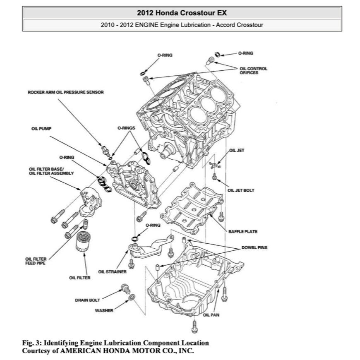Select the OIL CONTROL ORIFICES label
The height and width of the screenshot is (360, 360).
[x=253, y=70]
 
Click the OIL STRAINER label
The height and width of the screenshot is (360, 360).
[x=112, y=272]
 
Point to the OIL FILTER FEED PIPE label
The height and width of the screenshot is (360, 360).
[x=36, y=261]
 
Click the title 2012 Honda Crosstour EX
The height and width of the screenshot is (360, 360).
[x=182, y=13]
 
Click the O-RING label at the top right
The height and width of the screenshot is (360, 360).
[x=246, y=53]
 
